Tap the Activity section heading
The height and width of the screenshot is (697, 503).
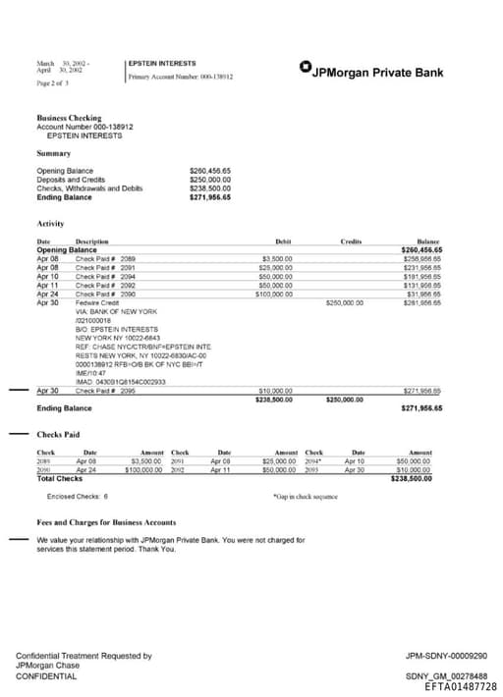click(50, 224)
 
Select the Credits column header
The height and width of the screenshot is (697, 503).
click(351, 241)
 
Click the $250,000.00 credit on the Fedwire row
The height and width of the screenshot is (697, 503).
click(344, 302)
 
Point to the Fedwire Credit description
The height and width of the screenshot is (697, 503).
click(95, 302)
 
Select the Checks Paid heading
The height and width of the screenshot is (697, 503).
click(59, 434)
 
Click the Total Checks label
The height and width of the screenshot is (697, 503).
click(59, 478)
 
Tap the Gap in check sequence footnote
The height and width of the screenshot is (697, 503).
click(306, 498)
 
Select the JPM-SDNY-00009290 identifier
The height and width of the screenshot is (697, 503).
click(446, 656)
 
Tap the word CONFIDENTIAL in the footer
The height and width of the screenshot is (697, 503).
click(46, 676)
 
